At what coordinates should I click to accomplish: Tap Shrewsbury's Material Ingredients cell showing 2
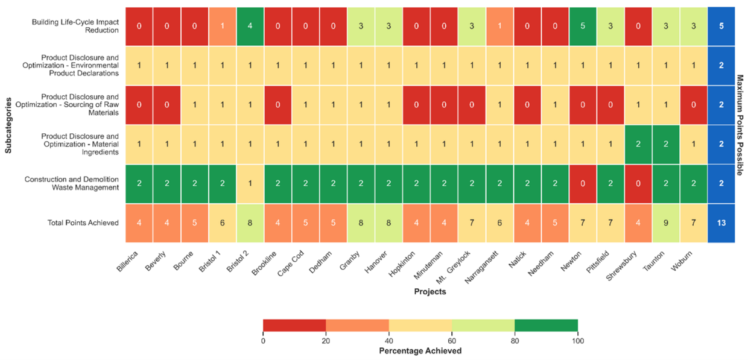click(638, 144)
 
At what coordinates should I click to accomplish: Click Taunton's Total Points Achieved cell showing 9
click(665, 223)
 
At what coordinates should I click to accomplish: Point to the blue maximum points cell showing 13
click(721, 223)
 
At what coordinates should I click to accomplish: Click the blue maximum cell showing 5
click(721, 27)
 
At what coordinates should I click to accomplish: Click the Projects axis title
click(430, 292)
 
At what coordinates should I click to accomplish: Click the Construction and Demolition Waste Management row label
click(71, 184)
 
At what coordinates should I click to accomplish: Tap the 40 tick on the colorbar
click(389, 341)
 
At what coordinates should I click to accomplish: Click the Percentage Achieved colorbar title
click(420, 351)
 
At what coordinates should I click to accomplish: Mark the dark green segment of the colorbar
click(546, 326)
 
